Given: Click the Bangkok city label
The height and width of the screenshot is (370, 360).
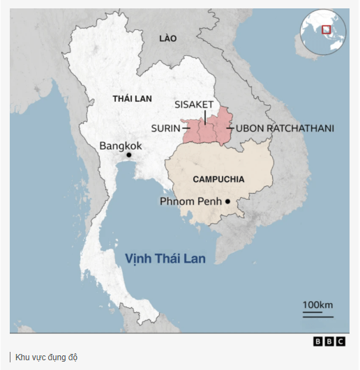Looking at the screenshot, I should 121,146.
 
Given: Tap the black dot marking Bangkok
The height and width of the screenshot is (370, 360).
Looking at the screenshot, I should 128,155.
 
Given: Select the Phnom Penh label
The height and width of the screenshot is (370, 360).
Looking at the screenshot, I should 189,201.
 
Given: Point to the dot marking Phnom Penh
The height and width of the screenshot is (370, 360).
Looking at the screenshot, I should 227,202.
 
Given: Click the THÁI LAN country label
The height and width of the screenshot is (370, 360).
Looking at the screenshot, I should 132,99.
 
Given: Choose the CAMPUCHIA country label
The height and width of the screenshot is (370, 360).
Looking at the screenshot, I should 218,179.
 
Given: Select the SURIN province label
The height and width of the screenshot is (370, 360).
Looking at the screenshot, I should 165,128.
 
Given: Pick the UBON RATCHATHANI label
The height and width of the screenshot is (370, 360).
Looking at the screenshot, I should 285,128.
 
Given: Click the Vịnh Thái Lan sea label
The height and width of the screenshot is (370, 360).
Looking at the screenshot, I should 165,259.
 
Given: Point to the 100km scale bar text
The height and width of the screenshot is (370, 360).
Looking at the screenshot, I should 317,305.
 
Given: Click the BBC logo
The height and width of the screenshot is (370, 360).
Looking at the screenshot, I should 329,341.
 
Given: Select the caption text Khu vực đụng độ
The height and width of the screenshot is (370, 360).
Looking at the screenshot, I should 46,357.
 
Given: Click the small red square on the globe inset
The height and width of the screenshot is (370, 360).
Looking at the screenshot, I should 325,29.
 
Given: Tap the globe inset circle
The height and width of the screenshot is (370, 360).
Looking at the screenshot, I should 323,33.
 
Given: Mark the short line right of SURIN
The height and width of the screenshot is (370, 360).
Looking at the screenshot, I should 186,128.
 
